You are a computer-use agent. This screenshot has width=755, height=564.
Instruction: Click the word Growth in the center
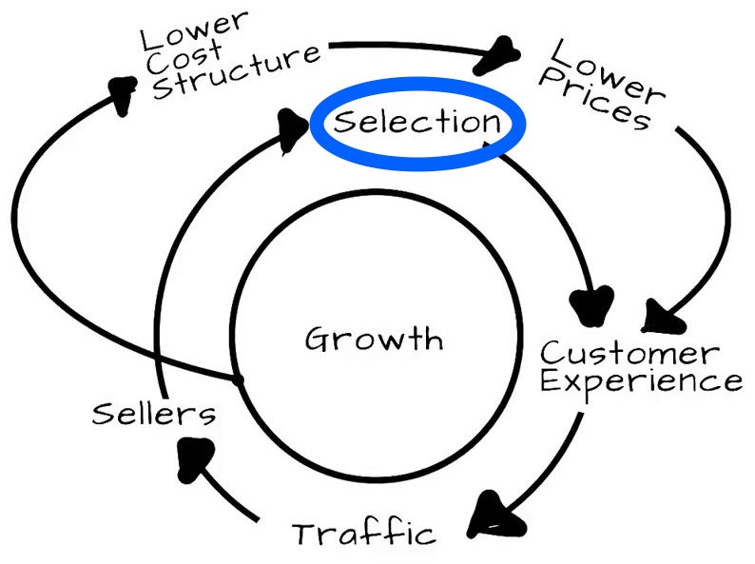pyautogui.click(x=374, y=339)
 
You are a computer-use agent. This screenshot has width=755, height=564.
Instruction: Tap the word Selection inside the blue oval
pyautogui.click(x=417, y=123)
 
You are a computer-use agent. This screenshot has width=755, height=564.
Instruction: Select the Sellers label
pyautogui.click(x=154, y=414)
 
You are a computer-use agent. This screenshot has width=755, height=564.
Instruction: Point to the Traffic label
pyautogui.click(x=364, y=532)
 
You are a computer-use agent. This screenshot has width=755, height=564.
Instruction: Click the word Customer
pyautogui.click(x=629, y=353)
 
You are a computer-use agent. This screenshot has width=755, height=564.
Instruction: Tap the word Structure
pyautogui.click(x=237, y=71)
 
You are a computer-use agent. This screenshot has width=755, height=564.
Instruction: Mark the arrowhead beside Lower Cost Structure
pyautogui.click(x=119, y=93)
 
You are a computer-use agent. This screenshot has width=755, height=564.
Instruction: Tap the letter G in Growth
pyautogui.click(x=318, y=339)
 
